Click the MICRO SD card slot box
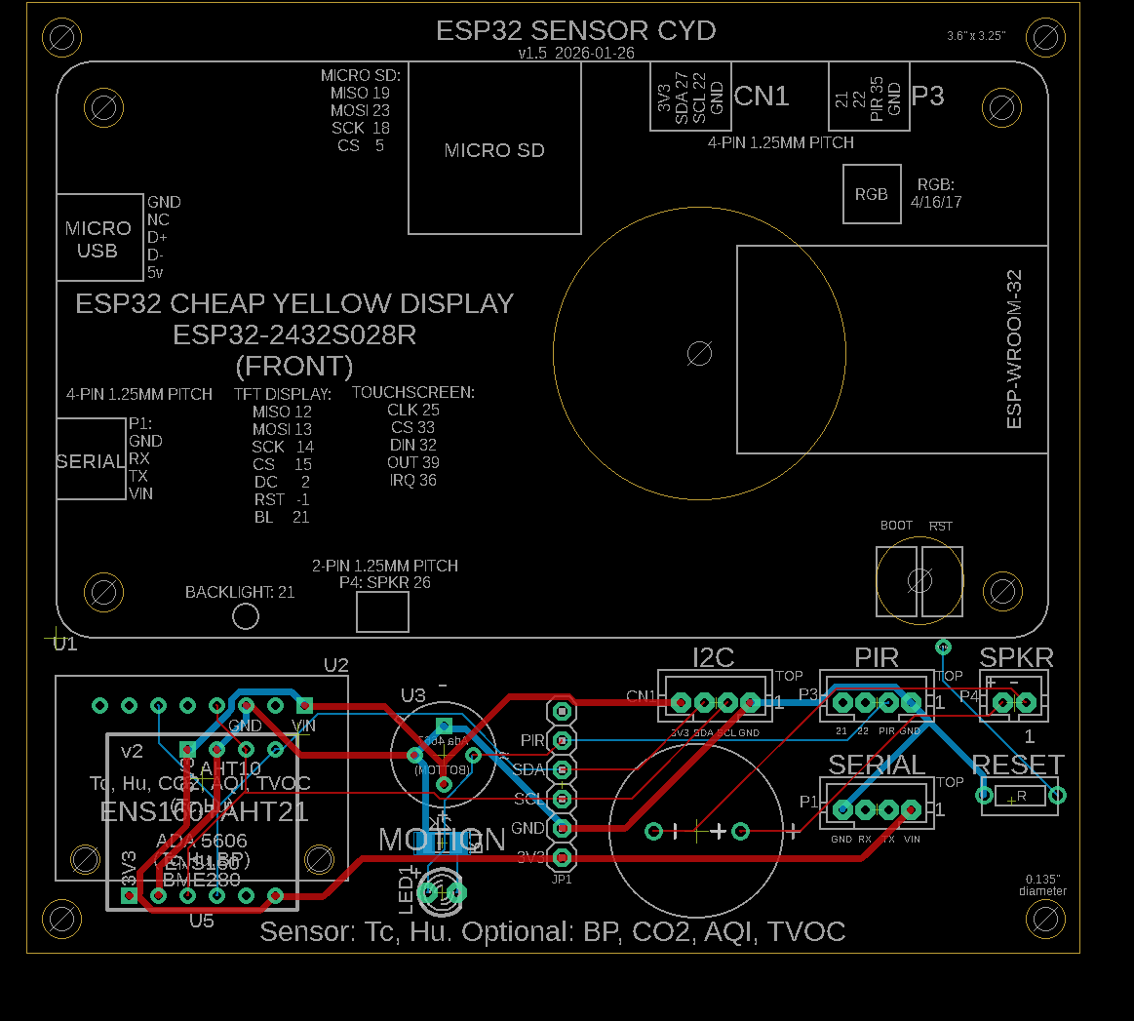coord(494,150)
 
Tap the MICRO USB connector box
coord(98,240)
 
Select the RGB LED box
coord(872,194)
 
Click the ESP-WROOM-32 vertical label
coord(1014,349)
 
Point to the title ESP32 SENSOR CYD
coord(575,31)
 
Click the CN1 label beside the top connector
coord(762,96)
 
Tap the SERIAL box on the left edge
coord(91,460)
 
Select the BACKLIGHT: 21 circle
coord(245,616)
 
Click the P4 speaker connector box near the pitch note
coord(382,612)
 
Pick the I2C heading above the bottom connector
coord(713,658)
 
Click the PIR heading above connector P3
coord(876,658)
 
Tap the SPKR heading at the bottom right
coord(1016,658)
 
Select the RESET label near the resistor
coord(1018,765)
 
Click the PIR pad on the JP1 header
coord(562,741)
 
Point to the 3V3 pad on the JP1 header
coord(562,857)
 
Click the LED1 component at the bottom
coord(441,892)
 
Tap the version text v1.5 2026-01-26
coord(575,54)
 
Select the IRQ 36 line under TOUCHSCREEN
coord(413,481)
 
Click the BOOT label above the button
coord(896,526)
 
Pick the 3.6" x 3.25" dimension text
coord(976,36)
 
